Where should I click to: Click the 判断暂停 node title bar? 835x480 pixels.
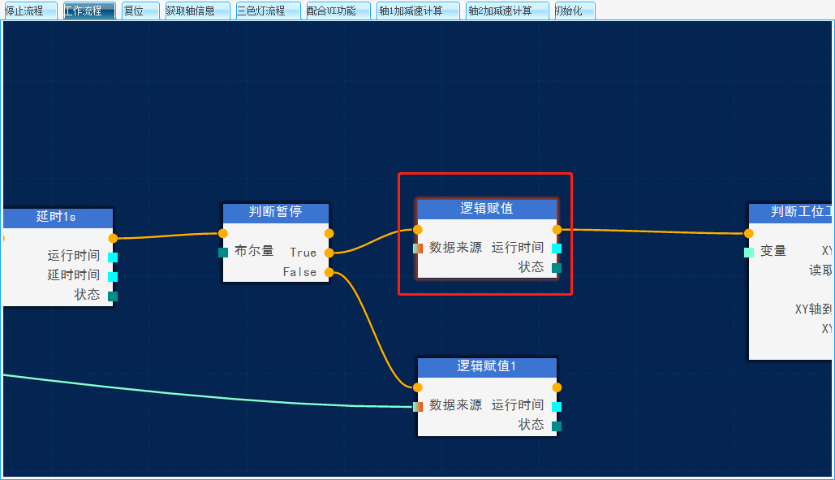[276, 212]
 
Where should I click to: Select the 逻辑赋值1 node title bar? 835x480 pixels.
[487, 366]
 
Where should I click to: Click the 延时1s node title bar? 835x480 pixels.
[57, 217]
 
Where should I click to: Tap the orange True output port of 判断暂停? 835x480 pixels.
[329, 253]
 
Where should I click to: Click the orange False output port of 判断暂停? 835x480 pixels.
[329, 272]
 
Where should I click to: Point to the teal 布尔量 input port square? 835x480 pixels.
[223, 253]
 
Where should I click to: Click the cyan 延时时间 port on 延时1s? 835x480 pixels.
[113, 277]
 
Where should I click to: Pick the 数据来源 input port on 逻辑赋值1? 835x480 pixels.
[418, 407]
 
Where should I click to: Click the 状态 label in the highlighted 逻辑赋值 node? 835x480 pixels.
[532, 267]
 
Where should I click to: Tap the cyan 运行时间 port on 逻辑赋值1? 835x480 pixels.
[557, 407]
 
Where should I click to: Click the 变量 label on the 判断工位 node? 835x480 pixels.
[773, 251]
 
